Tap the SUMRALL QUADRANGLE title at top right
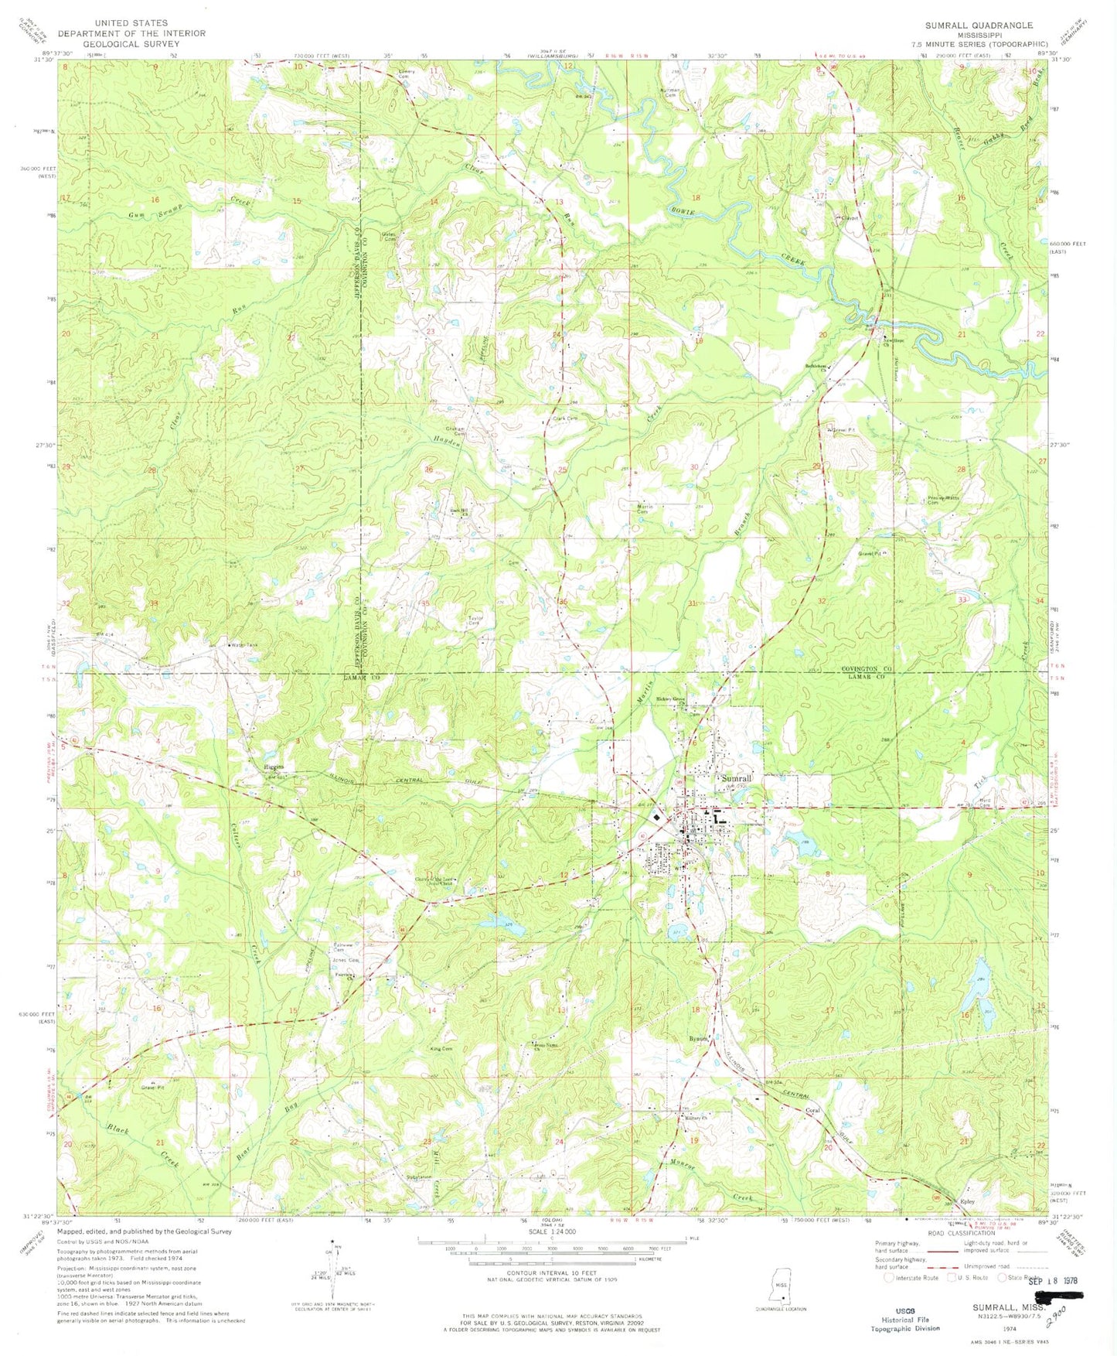pyautogui.click(x=979, y=26)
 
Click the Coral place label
pyautogui.click(x=812, y=1111)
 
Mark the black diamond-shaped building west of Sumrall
pyautogui.click(x=656, y=817)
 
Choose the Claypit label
pyautogui.click(x=850, y=218)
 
